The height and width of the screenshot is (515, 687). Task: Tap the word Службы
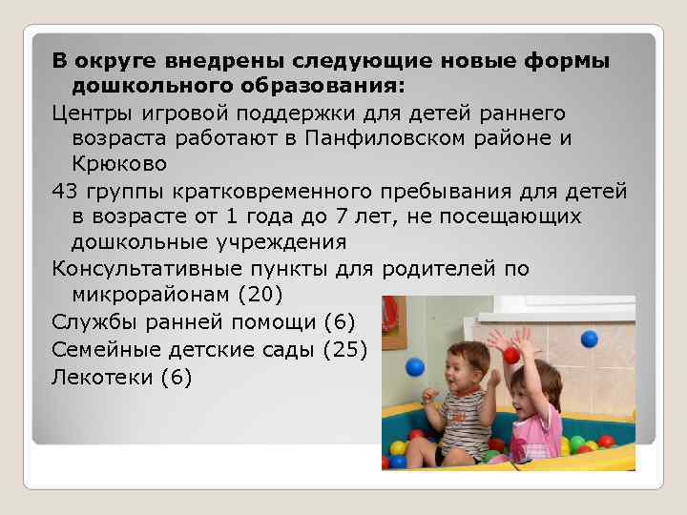92,323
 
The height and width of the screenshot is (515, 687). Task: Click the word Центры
91,113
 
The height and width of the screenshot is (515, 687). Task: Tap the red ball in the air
511,355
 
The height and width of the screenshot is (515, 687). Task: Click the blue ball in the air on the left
414,366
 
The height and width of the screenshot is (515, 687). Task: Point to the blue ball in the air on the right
589,338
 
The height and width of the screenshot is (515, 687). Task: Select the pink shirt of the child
537,438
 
